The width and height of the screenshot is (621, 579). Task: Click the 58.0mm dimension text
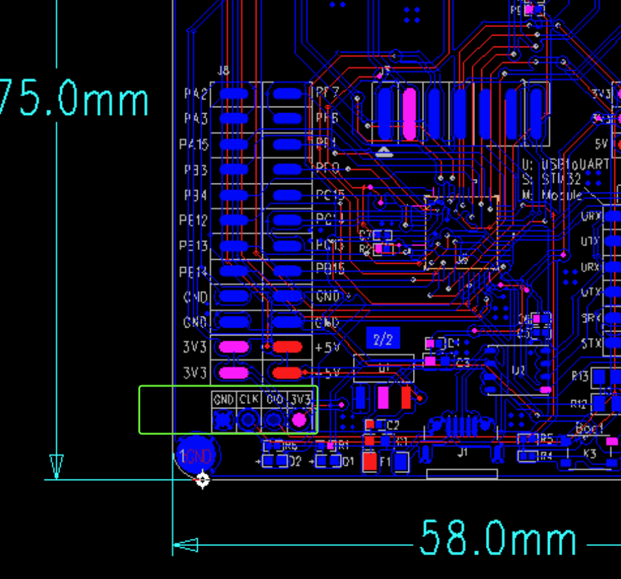coord(498,538)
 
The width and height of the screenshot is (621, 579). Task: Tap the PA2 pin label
coord(196,94)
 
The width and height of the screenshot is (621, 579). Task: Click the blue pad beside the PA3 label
coord(234,119)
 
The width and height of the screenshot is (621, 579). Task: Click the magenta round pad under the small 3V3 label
coord(299,420)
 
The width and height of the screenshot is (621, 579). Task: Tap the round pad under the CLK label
coord(249,420)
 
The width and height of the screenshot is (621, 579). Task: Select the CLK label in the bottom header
coord(249,400)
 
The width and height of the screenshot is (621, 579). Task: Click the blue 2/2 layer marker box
coord(383,339)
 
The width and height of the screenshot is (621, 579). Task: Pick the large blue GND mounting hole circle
coord(198,455)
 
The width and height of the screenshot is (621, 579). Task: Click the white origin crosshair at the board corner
coord(202,479)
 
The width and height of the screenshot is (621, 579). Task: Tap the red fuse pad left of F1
coord(370,461)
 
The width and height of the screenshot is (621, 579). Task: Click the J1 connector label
coord(463,452)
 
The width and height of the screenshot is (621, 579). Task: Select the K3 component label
coord(589,454)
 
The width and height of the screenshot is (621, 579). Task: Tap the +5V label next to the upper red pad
coord(328,348)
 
